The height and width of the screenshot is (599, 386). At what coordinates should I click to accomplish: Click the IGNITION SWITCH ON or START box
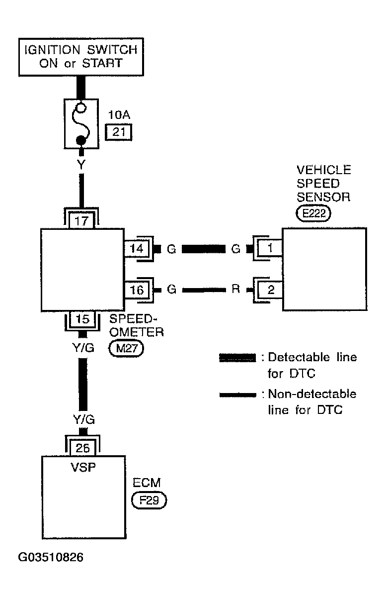coord(81,57)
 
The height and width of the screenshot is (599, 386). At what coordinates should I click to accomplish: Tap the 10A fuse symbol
coord(81,123)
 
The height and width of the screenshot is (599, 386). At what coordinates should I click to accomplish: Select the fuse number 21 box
coord(119,132)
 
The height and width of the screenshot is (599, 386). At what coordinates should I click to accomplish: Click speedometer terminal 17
coord(81,220)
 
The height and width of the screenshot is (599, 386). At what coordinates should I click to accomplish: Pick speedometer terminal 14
coord(137,249)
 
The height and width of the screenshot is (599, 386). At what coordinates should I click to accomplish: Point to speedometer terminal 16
coord(137,290)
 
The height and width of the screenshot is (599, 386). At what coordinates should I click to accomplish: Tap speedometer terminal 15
coord(82,319)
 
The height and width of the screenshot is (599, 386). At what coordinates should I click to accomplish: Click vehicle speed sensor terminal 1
coord(270,248)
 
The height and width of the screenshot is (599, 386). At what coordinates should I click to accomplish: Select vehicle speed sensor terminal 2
coord(270,290)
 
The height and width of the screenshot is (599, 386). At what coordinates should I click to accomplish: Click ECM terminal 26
coord(82,448)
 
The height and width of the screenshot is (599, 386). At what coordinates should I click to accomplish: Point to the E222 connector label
coord(313,213)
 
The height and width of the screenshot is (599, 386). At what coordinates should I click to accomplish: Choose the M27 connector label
coord(126,348)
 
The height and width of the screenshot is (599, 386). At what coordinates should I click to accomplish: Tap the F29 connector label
coord(149,500)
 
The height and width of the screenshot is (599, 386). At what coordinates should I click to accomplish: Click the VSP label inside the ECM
coord(83,468)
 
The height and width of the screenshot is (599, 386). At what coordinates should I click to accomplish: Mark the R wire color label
coord(235,290)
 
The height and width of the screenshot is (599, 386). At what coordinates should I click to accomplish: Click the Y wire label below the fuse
coord(81,165)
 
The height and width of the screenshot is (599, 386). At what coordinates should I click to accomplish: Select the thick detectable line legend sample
coord(237,358)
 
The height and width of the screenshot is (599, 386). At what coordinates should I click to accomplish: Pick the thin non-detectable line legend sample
coord(237,395)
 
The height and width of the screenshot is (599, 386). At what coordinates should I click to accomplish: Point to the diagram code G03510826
coord(51,558)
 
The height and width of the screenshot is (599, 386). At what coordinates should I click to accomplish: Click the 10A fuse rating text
coord(119,115)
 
